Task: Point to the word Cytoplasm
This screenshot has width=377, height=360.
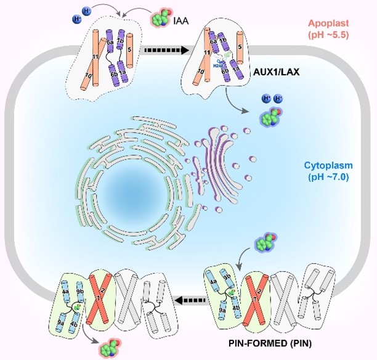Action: pyautogui.click(x=330, y=166)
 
